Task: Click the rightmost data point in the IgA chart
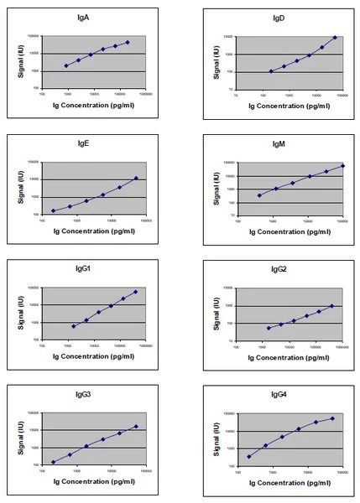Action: [x=128, y=42]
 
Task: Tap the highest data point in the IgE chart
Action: [x=136, y=178]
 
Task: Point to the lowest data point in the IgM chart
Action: [x=258, y=195]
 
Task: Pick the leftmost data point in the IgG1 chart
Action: [x=74, y=326]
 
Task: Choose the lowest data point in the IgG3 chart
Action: [x=53, y=462]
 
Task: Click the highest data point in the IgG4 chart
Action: [x=332, y=418]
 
